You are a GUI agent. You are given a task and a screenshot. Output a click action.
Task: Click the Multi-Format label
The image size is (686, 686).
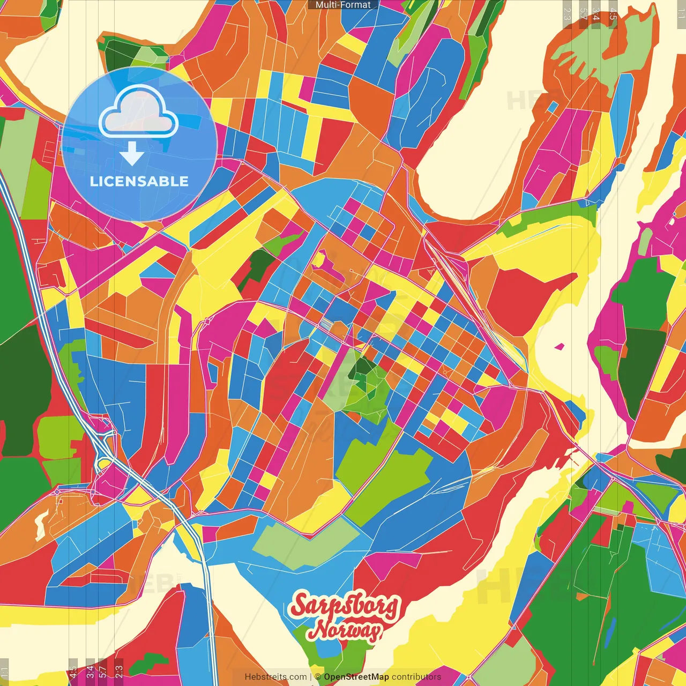click(343, 5)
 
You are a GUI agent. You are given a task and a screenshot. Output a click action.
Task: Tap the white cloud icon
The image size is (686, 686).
click(139, 113)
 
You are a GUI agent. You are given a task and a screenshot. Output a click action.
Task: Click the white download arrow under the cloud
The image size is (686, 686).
click(132, 154)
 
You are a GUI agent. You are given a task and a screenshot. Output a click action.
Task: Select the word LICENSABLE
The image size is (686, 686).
click(139, 181)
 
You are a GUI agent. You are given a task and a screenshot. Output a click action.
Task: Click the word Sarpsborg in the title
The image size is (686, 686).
click(345, 606)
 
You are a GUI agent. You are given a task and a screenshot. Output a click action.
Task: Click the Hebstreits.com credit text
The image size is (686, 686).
click(275, 677)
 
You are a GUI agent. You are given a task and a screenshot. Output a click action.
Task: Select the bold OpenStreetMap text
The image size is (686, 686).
click(356, 677)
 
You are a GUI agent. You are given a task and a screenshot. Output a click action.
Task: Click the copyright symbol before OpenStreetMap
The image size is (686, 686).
click(318, 677)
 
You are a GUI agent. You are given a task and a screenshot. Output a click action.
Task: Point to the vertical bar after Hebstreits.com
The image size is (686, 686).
click(311, 677)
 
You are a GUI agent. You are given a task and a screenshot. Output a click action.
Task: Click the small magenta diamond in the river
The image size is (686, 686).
click(560, 346)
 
